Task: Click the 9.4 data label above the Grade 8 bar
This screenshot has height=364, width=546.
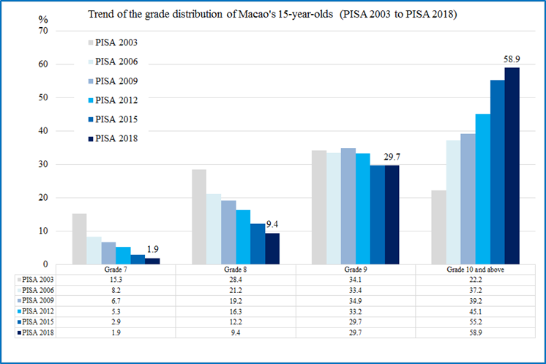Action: (272, 225)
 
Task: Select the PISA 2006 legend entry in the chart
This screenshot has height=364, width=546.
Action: (116, 62)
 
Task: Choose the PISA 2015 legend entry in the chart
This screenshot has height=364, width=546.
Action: (116, 119)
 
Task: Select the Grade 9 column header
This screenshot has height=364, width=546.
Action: (356, 270)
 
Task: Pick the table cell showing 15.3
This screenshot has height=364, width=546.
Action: (116, 280)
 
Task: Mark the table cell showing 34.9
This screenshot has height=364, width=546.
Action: (356, 300)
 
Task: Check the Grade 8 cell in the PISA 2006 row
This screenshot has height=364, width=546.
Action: (236, 290)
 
